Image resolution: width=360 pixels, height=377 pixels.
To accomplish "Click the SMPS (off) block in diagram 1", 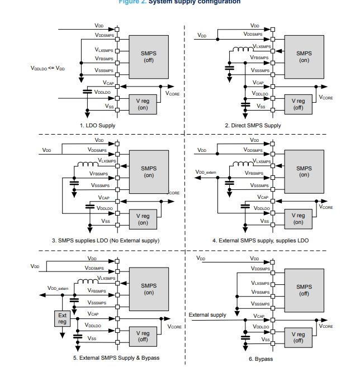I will pos(149,56).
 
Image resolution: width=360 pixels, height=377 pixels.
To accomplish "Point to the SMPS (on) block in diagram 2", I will pos(304,56).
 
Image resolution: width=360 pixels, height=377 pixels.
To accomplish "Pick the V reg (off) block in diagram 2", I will pos(298,104).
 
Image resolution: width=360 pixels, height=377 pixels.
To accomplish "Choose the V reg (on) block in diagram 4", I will pos(298,219).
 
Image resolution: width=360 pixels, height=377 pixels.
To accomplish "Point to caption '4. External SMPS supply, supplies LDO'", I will pos(260,240).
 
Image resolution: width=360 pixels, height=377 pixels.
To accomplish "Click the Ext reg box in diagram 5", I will pos(62,319).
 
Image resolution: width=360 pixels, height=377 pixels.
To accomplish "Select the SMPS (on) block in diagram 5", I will pos(149,288).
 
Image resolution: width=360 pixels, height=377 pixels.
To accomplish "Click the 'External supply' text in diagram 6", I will pos(207,314).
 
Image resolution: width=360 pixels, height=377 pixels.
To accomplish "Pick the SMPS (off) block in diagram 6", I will pos(304,290).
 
